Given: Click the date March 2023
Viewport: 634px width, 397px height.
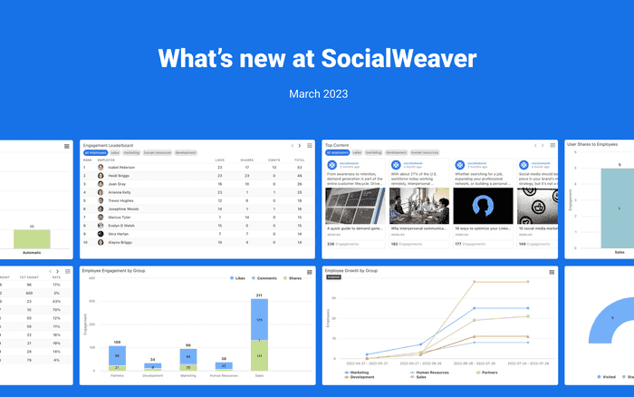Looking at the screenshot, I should click(316, 93).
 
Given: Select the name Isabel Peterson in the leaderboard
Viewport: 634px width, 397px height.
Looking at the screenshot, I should click(123, 168).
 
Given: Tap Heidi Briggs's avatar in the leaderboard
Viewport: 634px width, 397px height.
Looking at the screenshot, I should click(99, 176).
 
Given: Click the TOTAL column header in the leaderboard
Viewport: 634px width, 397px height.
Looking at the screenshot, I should click(299, 160).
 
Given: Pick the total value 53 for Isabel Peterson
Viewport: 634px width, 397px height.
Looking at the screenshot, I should click(300, 168).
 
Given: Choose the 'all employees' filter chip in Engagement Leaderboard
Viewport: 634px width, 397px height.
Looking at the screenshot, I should click(94, 152).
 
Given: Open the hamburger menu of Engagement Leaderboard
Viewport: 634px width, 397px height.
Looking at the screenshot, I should click(310, 145).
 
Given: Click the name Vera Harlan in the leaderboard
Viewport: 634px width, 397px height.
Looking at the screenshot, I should click(120, 235).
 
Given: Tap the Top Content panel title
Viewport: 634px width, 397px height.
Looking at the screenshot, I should click(337, 145).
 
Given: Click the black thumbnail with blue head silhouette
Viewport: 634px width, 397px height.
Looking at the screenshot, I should click(482, 206).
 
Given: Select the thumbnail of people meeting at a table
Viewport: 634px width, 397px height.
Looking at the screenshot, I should click(418, 206).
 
